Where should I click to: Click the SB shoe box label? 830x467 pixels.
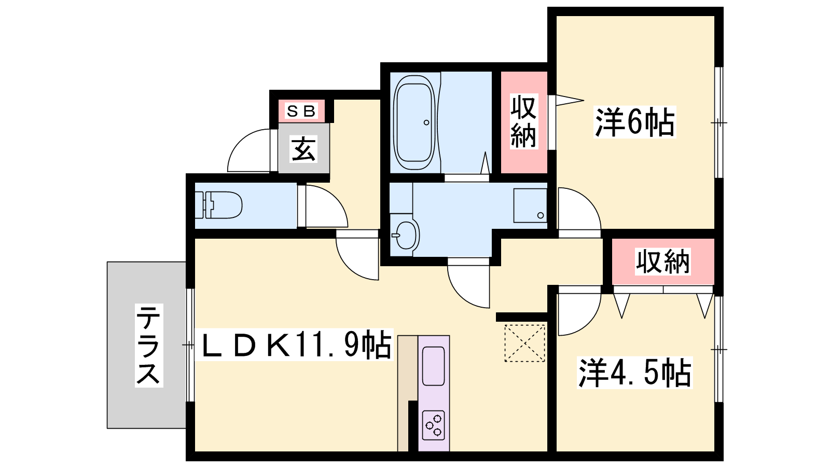click(x=301, y=111)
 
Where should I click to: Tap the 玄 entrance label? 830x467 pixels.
click(x=303, y=149)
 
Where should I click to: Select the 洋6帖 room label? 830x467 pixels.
click(x=634, y=122)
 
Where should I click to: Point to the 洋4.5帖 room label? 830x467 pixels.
click(x=634, y=373)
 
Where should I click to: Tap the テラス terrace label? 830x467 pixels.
click(x=149, y=346)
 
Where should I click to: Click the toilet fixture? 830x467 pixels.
click(x=218, y=204)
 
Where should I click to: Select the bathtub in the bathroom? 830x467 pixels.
click(x=414, y=122)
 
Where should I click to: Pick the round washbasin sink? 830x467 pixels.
click(x=406, y=235)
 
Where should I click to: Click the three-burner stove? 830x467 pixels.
click(x=434, y=425)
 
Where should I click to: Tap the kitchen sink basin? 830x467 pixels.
click(x=434, y=366)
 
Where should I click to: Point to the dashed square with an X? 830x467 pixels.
click(x=524, y=343)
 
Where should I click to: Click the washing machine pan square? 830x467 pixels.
click(x=530, y=205)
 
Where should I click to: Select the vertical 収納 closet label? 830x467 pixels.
click(x=523, y=121)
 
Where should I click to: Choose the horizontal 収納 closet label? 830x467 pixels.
click(x=662, y=262)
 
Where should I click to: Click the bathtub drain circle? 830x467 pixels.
click(x=426, y=122)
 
